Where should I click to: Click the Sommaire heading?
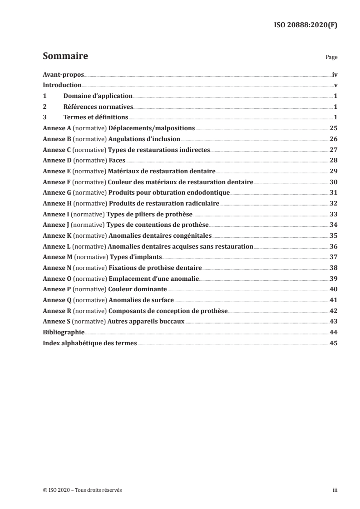click(65, 57)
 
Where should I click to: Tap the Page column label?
click(331, 58)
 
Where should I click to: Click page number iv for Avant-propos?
click(334, 74)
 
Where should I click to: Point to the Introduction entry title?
click(62, 85)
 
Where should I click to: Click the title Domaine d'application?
click(98, 96)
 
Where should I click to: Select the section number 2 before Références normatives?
click(44, 107)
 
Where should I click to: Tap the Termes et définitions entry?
click(96, 117)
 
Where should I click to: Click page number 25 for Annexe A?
click(333, 128)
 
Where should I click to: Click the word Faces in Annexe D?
click(117, 160)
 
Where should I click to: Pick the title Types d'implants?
click(136, 257)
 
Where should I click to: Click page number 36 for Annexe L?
click(333, 246)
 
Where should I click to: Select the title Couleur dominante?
click(138, 289)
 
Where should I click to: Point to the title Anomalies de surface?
click(141, 300)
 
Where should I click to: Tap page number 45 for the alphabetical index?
click(333, 343)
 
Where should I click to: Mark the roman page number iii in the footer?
click(335, 490)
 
